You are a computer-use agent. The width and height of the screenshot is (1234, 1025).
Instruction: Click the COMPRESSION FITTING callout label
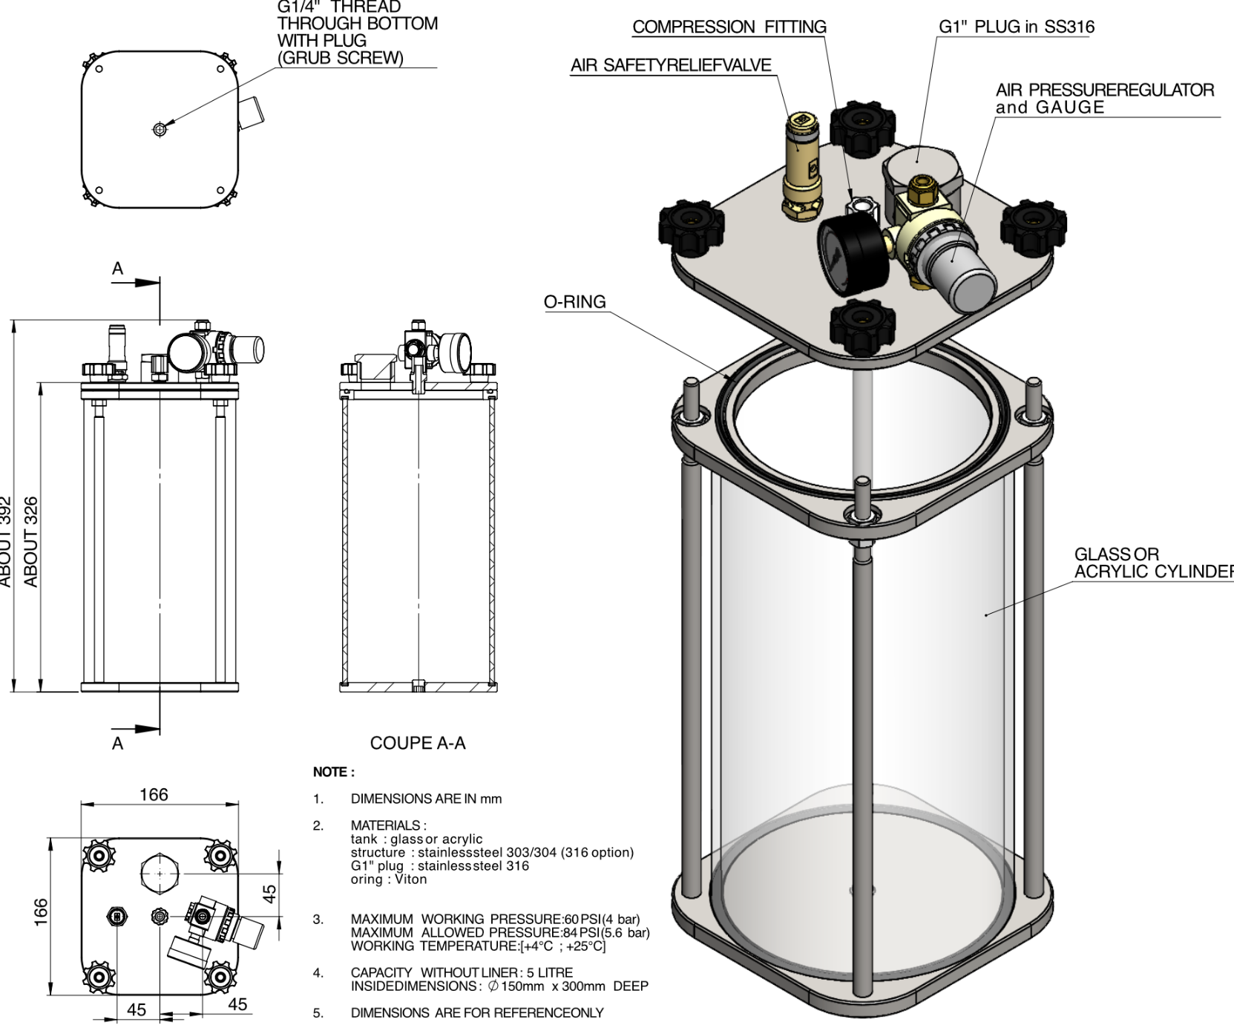click(x=729, y=27)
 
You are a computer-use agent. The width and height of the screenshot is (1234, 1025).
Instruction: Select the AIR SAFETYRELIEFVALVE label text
click(x=671, y=65)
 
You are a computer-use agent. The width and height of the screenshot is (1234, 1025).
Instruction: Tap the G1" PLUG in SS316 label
click(x=1016, y=27)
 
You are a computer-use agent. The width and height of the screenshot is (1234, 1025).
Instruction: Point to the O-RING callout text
click(x=574, y=302)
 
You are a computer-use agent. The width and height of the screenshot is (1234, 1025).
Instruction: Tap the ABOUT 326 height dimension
click(x=31, y=542)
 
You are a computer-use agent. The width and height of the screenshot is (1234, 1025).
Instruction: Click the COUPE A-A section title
click(x=418, y=744)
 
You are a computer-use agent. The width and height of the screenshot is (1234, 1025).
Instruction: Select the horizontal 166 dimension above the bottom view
click(x=154, y=795)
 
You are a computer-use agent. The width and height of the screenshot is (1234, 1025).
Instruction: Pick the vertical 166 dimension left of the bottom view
click(x=42, y=912)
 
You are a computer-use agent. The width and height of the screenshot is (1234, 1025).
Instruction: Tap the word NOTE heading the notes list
click(x=333, y=772)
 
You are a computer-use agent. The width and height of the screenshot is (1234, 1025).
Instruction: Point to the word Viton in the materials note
click(x=410, y=880)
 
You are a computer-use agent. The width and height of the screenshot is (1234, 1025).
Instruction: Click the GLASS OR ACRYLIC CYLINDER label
click(x=1152, y=563)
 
